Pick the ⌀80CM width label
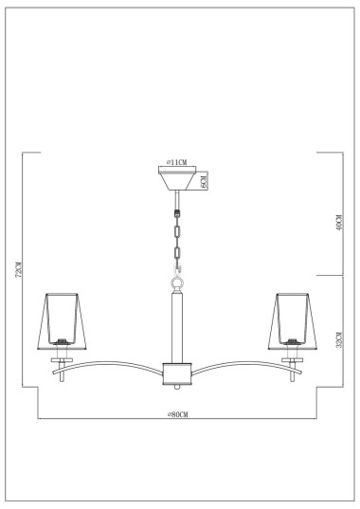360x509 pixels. [x=177, y=413]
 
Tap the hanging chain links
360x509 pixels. [x=176, y=232]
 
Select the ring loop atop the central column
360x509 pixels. [x=176, y=282]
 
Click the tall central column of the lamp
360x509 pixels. [x=176, y=327]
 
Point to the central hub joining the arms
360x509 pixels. [x=176, y=373]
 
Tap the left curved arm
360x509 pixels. [x=114, y=365]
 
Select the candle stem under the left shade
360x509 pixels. [x=62, y=365]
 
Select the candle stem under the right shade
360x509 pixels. [x=294, y=365]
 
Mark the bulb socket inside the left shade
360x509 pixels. [x=62, y=338]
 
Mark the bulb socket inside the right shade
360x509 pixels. [x=294, y=338]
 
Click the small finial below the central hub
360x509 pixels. [x=176, y=388]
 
